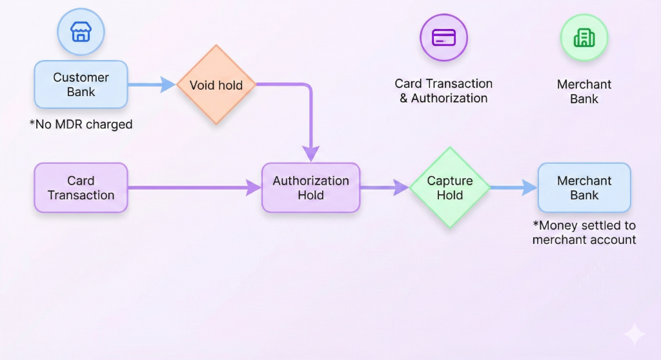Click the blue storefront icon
coord(81,31)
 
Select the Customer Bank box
coord(81,85)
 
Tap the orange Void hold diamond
coord(216,85)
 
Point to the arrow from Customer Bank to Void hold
coord(152,85)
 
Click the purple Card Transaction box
coord(81,188)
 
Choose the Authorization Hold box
coord(310,188)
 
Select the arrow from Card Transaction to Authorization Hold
coord(194,188)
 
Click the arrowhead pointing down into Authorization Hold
coord(311,154)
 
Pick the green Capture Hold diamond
coord(450,188)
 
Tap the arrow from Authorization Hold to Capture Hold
coord(384,188)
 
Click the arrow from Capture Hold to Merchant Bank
coord(514,188)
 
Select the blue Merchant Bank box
coord(584,188)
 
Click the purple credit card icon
coord(443,37)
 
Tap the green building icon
coord(584,37)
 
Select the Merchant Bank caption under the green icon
coord(584,92)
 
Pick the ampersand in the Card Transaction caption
coord(403,99)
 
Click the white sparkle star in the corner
coord(634,334)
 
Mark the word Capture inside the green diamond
coord(450,181)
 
